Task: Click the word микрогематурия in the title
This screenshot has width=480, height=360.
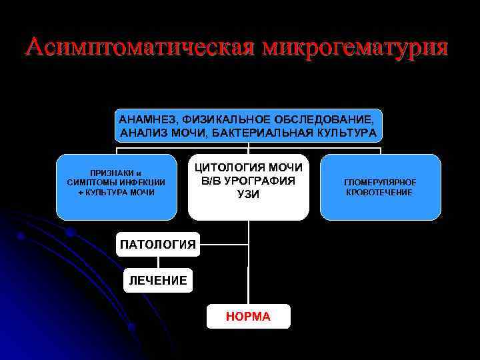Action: (x=357, y=47)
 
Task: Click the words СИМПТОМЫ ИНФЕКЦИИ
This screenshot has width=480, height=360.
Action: (x=116, y=181)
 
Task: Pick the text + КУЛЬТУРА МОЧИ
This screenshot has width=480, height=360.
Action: (x=116, y=192)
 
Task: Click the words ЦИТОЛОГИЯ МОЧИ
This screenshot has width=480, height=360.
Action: (x=249, y=167)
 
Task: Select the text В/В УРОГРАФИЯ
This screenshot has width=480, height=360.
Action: (x=249, y=180)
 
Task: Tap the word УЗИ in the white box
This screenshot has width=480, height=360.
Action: (x=249, y=194)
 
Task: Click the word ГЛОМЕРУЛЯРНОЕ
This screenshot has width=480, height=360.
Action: (x=380, y=182)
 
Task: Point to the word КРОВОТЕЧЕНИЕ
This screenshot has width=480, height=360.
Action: (x=380, y=193)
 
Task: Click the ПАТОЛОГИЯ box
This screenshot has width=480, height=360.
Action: (x=158, y=245)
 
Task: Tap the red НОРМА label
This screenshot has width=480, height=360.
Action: (x=248, y=317)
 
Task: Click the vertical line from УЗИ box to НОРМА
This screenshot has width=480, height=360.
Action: (x=248, y=267)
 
